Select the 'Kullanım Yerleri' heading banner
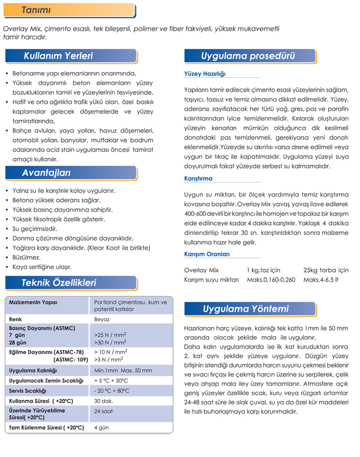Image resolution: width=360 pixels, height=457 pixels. (58, 56)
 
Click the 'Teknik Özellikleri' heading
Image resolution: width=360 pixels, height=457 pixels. (58, 283)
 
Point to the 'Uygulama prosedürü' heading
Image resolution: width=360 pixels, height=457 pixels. (248, 56)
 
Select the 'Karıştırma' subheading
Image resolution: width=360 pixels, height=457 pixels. (198, 178)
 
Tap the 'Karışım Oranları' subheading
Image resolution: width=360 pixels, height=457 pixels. (207, 254)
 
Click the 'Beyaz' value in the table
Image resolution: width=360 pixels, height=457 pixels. (102, 319)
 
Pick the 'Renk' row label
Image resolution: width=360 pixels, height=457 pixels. (16, 319)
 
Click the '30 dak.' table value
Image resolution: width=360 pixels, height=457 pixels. (104, 401)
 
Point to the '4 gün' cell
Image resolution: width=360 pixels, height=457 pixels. (101, 428)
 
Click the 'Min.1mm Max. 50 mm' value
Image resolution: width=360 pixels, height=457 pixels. (123, 371)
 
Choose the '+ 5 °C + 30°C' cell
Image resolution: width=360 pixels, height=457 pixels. (115, 381)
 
